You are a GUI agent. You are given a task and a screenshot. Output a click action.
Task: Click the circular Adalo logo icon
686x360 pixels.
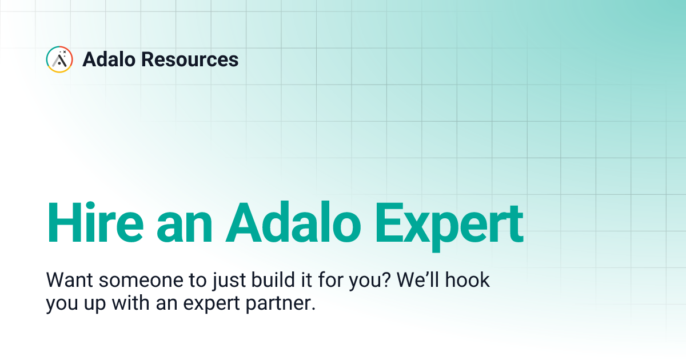tap(59, 59)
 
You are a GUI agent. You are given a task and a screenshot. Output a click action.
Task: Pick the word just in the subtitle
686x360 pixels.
tap(197, 282)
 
